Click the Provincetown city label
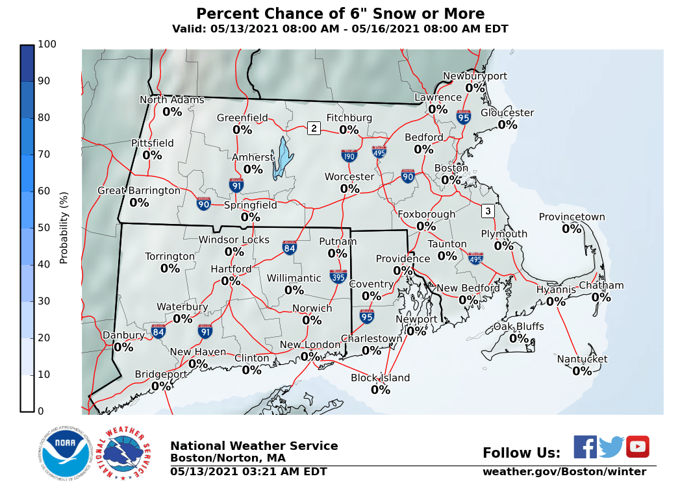[x=572, y=217]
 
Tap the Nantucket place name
[x=582, y=359]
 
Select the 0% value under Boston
[x=451, y=180]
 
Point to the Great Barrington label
[x=139, y=190]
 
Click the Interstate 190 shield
[x=349, y=155]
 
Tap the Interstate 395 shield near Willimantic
[x=338, y=276]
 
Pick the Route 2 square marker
[x=314, y=128]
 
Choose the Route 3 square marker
[x=488, y=211]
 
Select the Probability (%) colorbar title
[x=64, y=227]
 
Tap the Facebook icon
[x=585, y=447]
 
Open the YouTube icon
[x=637, y=447]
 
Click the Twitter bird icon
[x=611, y=447]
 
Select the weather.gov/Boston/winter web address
[x=564, y=472]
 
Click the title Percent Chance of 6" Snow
[x=340, y=14]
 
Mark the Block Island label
[x=381, y=378]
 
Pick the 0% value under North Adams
[x=172, y=112]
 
